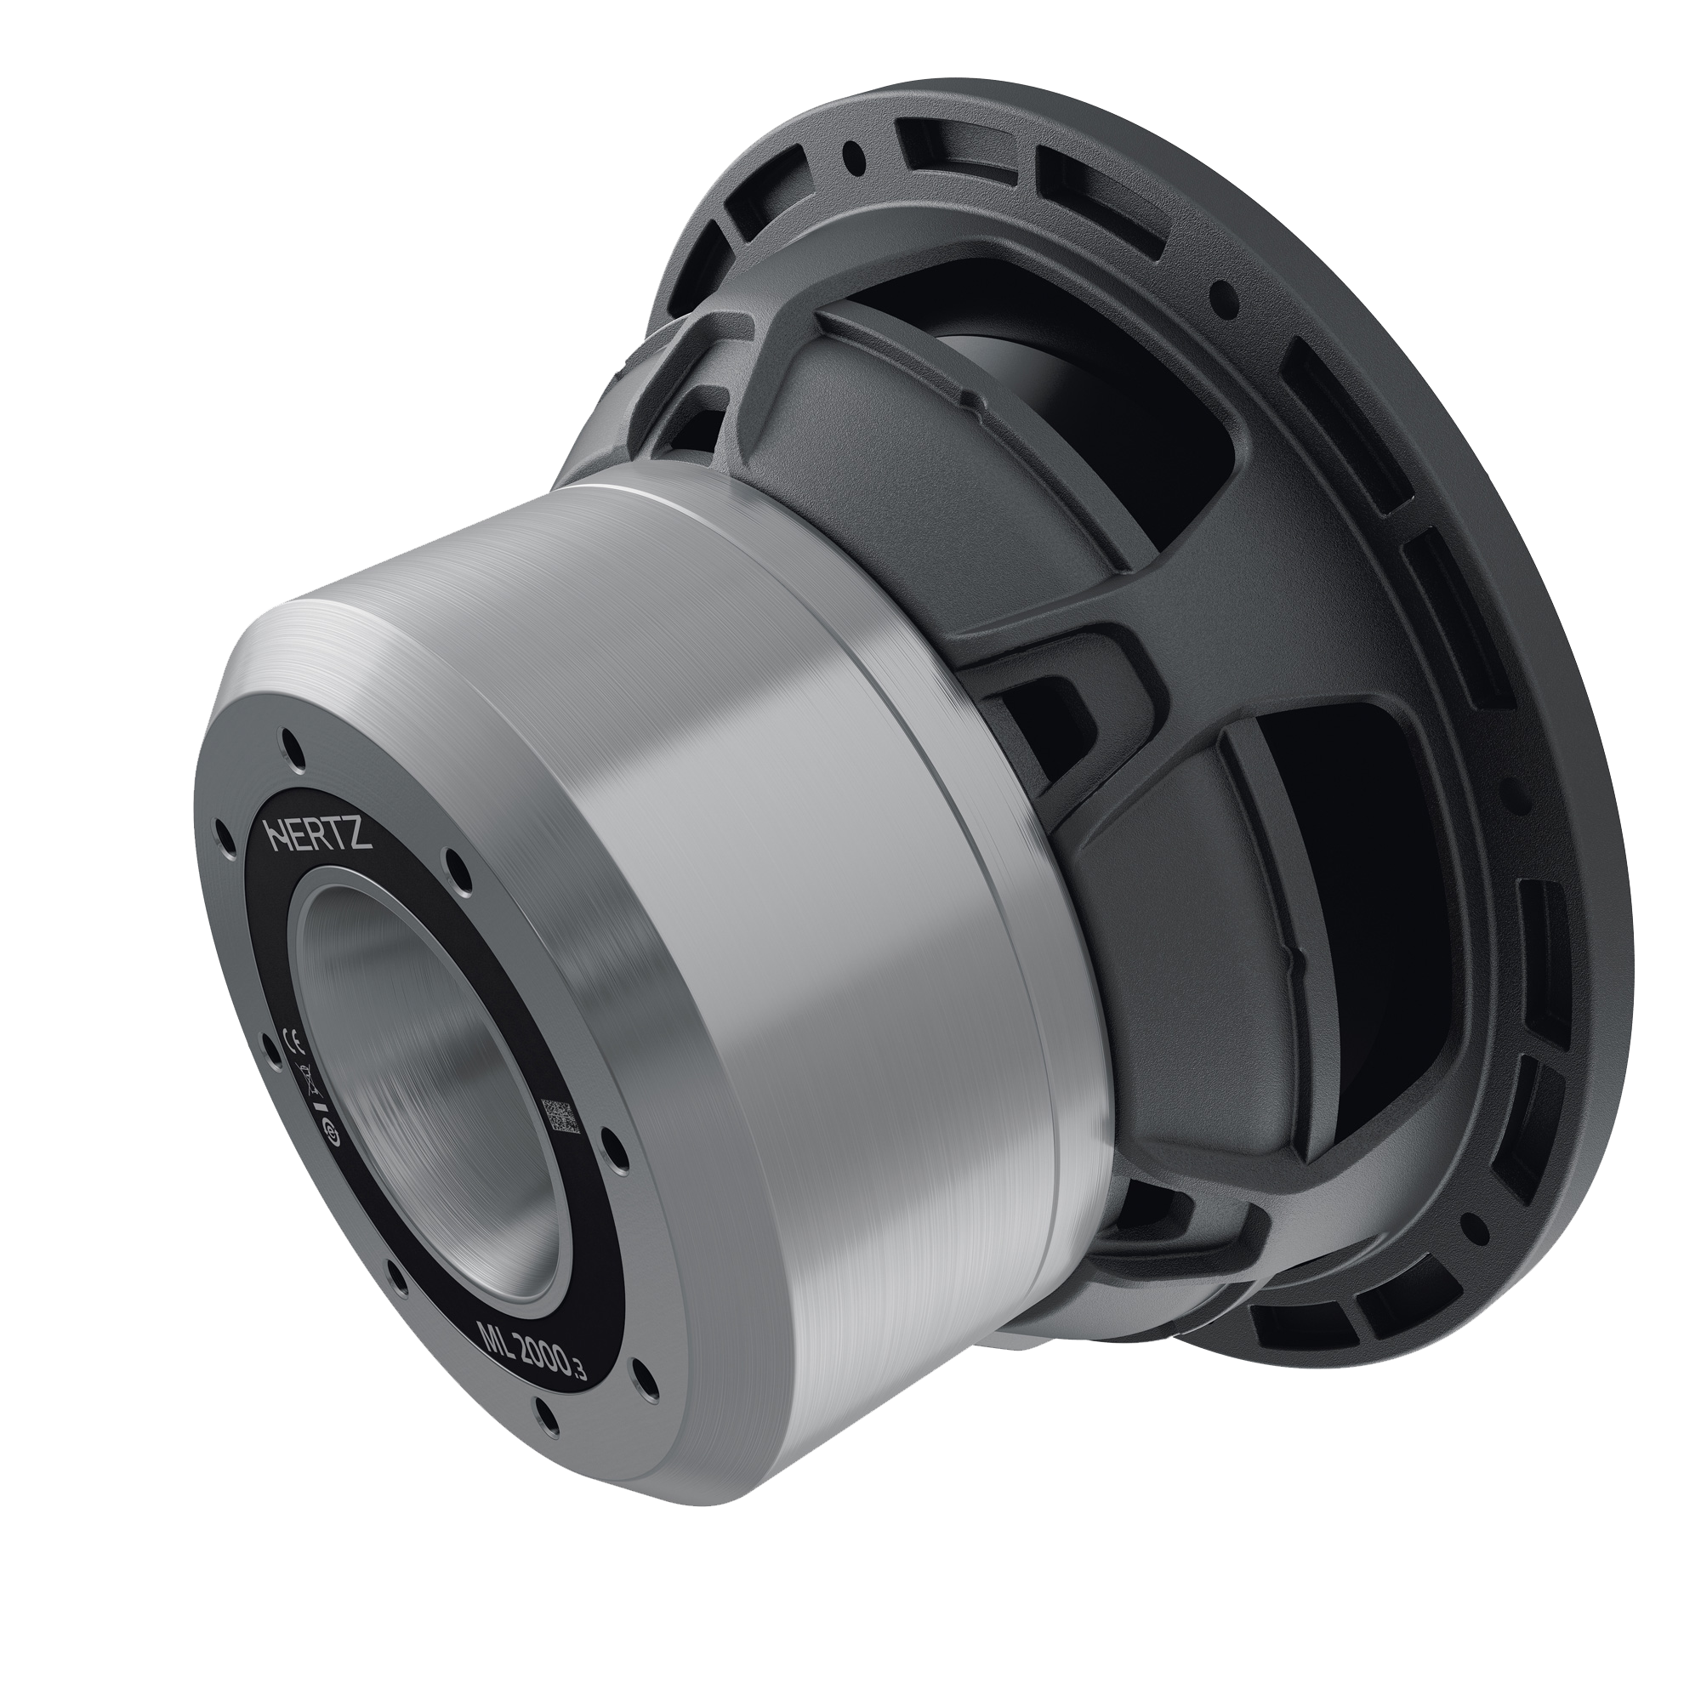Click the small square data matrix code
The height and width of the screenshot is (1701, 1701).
[560, 1117]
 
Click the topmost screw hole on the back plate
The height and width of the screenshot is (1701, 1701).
[293, 748]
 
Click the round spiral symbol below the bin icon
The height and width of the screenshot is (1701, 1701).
[333, 1129]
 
